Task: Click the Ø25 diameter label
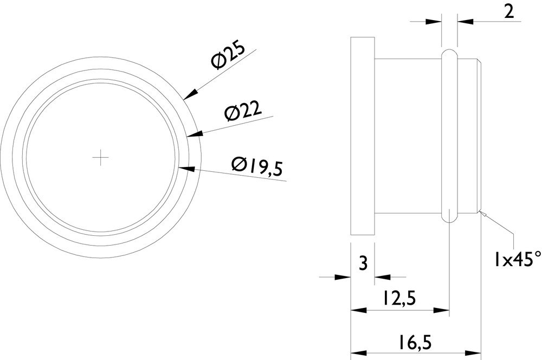tap(229, 56)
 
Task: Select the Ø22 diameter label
tap(243, 112)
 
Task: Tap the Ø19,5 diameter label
tap(257, 166)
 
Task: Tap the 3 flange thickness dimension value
tap(363, 264)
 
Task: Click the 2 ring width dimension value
tap(509, 12)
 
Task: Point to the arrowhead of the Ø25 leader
tap(190, 94)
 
